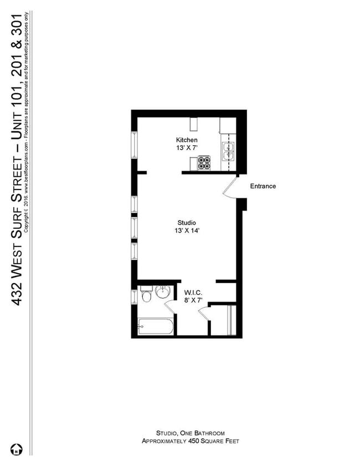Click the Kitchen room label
[187, 140]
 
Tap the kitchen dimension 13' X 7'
[187, 148]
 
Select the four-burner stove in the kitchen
[204, 163]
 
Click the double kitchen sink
[228, 151]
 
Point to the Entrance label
[263, 186]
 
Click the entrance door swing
[229, 187]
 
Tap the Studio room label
[187, 223]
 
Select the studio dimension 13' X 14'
[187, 231]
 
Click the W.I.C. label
[193, 292]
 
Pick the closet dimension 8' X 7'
[193, 300]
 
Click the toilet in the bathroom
[147, 295]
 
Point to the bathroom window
[133, 296]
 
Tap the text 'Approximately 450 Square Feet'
[190, 441]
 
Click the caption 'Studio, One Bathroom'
[190, 433]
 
